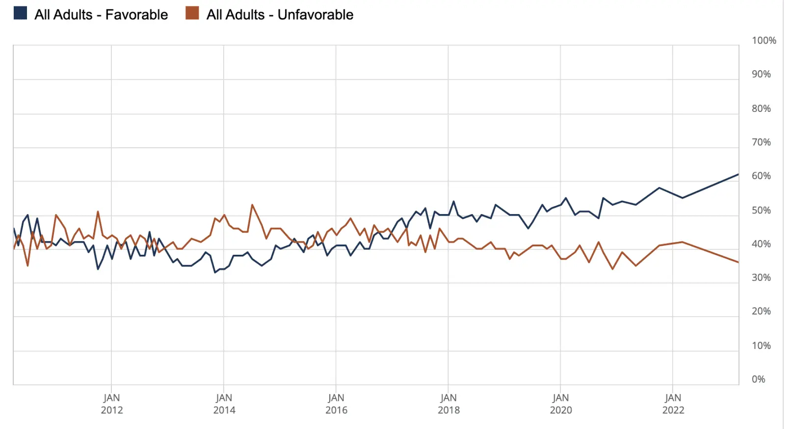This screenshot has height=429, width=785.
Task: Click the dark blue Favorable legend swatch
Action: click(x=20, y=13)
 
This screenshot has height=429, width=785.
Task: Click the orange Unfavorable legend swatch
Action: click(x=192, y=13)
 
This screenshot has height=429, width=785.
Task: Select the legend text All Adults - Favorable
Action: click(x=101, y=15)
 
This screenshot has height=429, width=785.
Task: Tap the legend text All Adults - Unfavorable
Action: click(x=280, y=15)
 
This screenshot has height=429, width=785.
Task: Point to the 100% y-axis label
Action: click(x=764, y=40)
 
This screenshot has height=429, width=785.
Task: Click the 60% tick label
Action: click(x=761, y=176)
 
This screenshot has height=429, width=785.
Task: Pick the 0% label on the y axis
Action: click(x=758, y=379)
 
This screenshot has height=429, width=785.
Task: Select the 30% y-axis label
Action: click(x=761, y=277)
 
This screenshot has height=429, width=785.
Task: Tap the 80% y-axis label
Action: click(x=761, y=108)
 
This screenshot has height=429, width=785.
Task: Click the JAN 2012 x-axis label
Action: click(x=112, y=403)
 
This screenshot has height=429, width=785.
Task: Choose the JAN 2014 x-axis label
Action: click(x=224, y=403)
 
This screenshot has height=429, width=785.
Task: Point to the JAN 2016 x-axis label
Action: click(x=336, y=403)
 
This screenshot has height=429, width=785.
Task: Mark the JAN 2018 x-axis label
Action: click(x=448, y=403)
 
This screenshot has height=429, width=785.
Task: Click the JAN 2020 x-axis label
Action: click(x=561, y=403)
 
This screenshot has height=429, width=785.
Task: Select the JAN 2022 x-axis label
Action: click(x=673, y=403)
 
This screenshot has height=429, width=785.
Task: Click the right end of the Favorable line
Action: click(x=738, y=174)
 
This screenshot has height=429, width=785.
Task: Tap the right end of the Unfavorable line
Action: click(x=738, y=262)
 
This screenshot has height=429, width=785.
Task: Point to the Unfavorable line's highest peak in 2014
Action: click(x=252, y=205)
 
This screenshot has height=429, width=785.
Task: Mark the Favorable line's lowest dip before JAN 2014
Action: click(x=215, y=272)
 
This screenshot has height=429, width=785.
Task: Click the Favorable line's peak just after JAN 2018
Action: click(x=453, y=201)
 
